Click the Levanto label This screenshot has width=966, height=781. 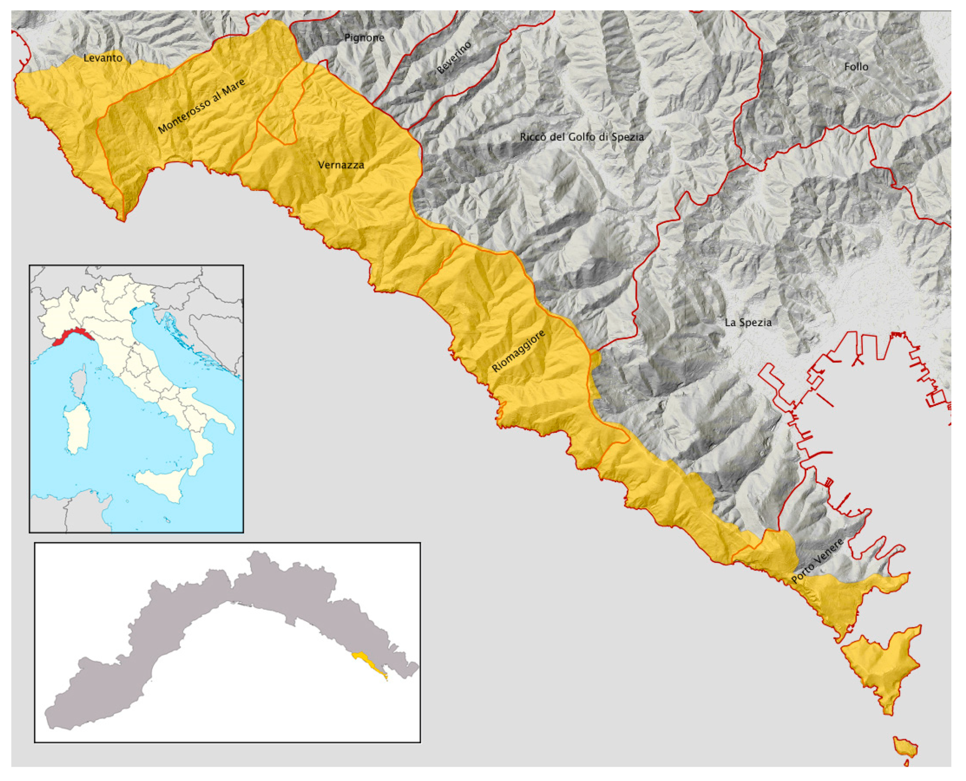click(x=103, y=58)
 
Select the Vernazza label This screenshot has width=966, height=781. click(x=341, y=165)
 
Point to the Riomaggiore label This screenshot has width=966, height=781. click(x=518, y=351)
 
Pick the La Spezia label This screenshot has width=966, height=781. click(x=748, y=322)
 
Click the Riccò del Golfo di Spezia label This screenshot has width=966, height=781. click(x=581, y=137)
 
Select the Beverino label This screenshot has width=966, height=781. click(x=454, y=58)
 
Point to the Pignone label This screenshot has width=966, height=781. click(x=364, y=38)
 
